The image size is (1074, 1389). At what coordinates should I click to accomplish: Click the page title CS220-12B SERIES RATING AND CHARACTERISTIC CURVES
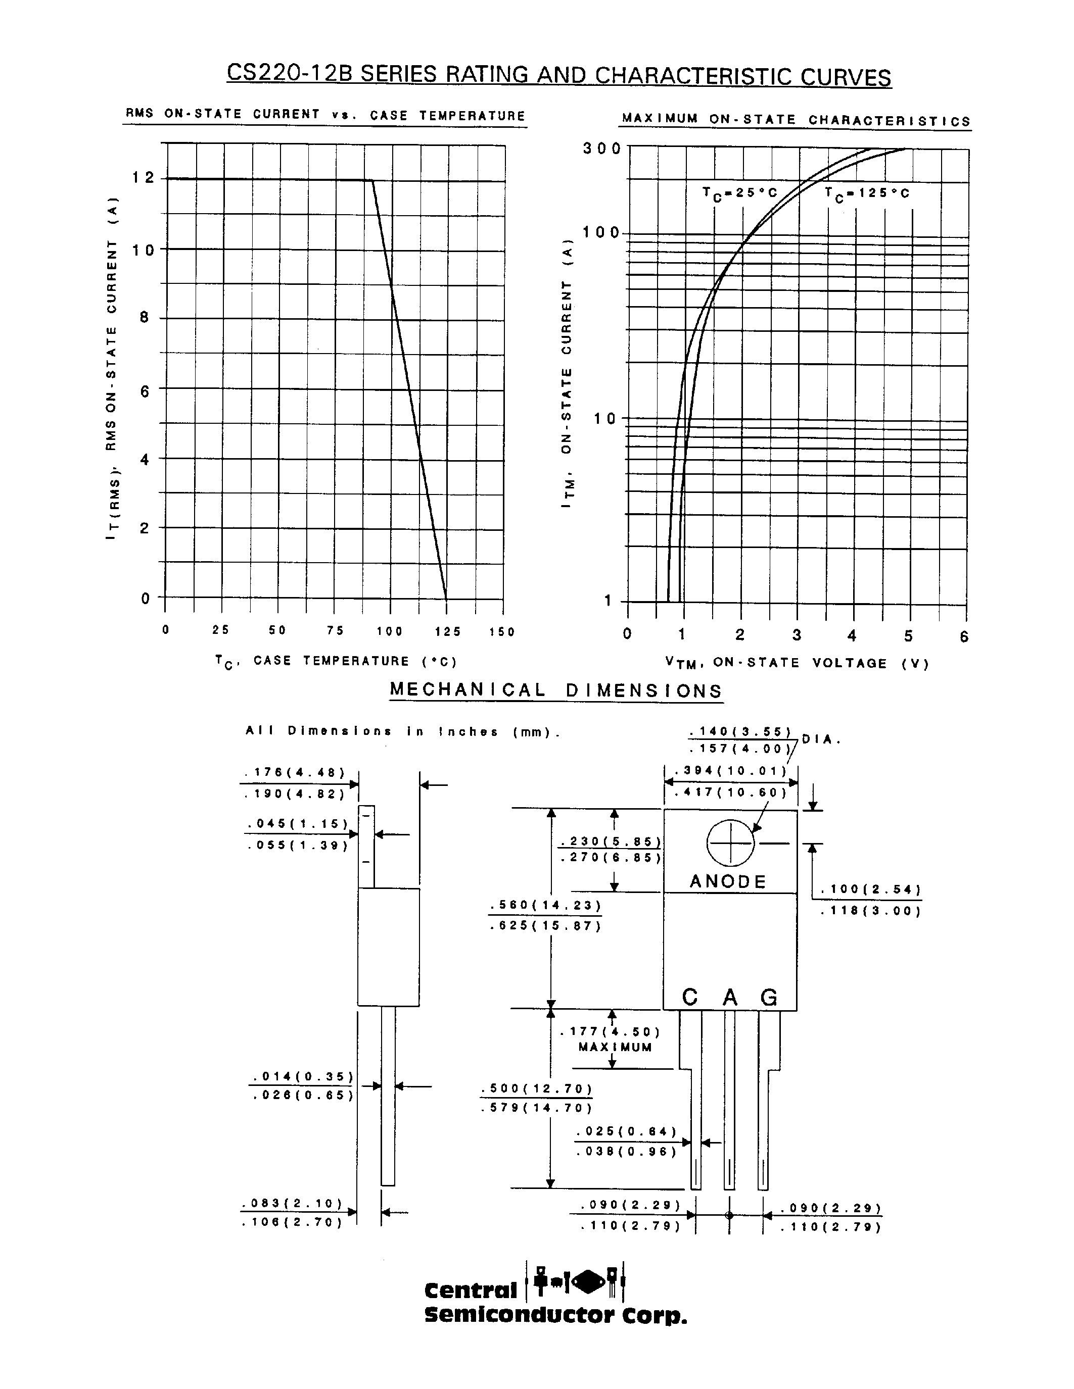pyautogui.click(x=558, y=75)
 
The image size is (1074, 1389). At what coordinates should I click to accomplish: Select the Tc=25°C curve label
pyautogui.click(x=740, y=193)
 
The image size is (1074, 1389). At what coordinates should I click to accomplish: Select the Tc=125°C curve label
pyautogui.click(x=867, y=193)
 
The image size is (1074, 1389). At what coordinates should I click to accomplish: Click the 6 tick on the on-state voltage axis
pyautogui.click(x=964, y=636)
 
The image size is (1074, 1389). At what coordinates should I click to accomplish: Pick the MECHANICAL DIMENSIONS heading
pyautogui.click(x=556, y=690)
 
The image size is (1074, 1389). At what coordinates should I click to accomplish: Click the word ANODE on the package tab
pyautogui.click(x=728, y=881)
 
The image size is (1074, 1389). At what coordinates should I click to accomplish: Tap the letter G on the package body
pyautogui.click(x=769, y=997)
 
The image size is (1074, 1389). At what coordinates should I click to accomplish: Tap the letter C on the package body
pyautogui.click(x=690, y=997)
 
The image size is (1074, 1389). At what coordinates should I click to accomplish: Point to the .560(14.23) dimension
pyautogui.click(x=545, y=905)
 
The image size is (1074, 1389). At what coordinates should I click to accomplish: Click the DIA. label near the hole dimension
pyautogui.click(x=821, y=739)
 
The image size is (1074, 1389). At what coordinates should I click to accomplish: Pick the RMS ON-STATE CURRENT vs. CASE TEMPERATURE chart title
pyautogui.click(x=325, y=115)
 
